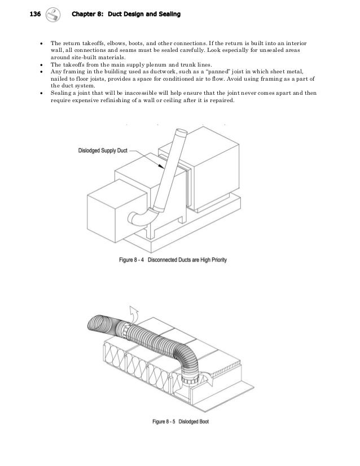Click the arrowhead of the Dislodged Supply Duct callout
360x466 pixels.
point(164,169)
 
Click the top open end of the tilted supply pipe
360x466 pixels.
point(181,134)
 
